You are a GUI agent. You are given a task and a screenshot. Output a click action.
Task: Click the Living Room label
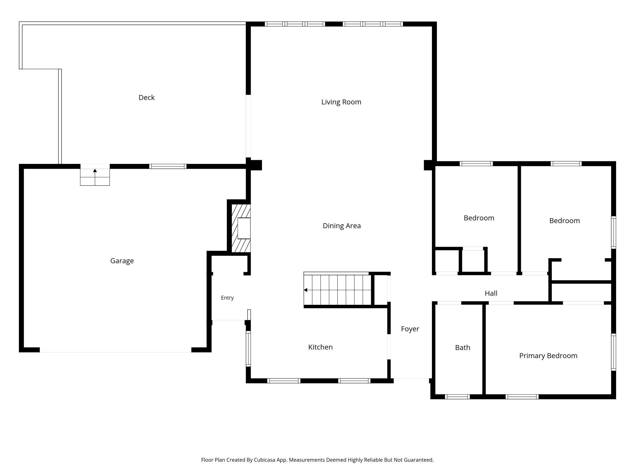pyautogui.click(x=341, y=102)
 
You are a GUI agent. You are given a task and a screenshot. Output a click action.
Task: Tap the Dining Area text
pyautogui.click(x=342, y=226)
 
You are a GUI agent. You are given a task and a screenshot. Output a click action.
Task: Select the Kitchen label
pyautogui.click(x=320, y=347)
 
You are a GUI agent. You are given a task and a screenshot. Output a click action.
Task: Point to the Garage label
pyautogui.click(x=122, y=261)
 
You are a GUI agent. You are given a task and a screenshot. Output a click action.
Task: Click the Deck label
pyautogui.click(x=147, y=97)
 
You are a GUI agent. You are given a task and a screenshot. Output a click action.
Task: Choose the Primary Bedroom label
pyautogui.click(x=548, y=356)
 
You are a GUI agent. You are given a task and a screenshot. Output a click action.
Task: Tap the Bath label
pyautogui.click(x=463, y=348)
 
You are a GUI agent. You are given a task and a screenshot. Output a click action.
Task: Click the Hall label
pyautogui.click(x=491, y=293)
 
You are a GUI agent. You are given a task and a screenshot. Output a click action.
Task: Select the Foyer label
pyautogui.click(x=410, y=329)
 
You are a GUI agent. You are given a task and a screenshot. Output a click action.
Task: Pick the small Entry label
pyautogui.click(x=227, y=298)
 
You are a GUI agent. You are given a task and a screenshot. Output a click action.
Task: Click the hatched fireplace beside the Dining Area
pyautogui.click(x=241, y=228)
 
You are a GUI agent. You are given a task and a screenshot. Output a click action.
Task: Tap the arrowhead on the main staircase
pyautogui.click(x=305, y=290)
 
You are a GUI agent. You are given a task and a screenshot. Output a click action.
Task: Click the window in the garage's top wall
pyautogui.click(x=168, y=166)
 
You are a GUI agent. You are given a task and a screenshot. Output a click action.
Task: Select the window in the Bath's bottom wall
pyautogui.click(x=457, y=397)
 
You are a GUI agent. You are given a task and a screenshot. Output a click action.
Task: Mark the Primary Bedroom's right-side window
pyautogui.click(x=613, y=352)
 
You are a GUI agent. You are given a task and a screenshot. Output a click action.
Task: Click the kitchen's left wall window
pyautogui.click(x=249, y=349)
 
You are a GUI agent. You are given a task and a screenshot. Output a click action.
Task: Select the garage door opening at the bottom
pyautogui.click(x=115, y=350)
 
